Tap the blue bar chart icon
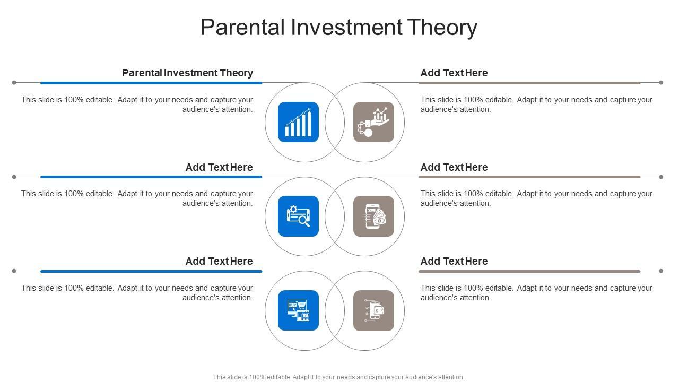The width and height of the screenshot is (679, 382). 298,122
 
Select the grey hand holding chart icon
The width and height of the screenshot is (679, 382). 373,122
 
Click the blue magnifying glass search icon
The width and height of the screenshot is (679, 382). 298,216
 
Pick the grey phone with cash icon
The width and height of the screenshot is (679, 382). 373,216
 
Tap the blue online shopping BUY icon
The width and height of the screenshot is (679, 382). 298,310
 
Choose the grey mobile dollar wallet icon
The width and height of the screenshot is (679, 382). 373,310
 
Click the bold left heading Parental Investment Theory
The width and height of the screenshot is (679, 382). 187,73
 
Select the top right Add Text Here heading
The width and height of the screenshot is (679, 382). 454,73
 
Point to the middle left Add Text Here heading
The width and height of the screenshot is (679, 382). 219,167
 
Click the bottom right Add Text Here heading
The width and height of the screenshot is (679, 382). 454,262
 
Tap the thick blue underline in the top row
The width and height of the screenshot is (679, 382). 151,83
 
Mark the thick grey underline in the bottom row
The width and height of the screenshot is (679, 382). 529,271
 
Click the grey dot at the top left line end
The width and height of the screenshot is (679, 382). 14,83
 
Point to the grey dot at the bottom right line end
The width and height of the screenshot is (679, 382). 661,271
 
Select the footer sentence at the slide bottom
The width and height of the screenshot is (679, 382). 338,377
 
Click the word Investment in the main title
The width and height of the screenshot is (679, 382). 346,27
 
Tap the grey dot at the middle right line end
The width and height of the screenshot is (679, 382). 661,177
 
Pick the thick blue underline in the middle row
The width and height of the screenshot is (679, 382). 151,177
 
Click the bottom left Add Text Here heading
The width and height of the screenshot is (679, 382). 219,262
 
